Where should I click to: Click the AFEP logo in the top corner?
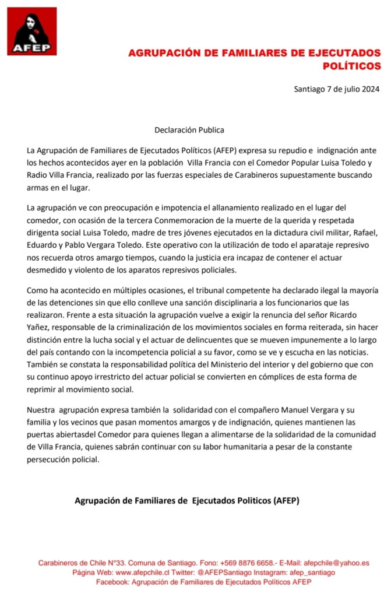pos(31,31)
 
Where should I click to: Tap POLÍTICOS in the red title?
pos(351,66)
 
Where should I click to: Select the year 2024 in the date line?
pos(368,89)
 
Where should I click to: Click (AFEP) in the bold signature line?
pos(283,500)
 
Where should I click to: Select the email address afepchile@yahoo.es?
pos(336,563)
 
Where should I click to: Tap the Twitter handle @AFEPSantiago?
pos(221,573)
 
